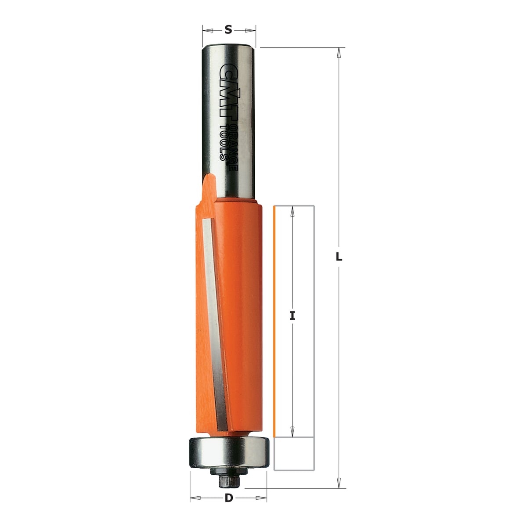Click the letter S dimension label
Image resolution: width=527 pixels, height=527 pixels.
[x=228, y=29]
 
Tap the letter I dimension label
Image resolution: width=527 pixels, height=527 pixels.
[x=292, y=316]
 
